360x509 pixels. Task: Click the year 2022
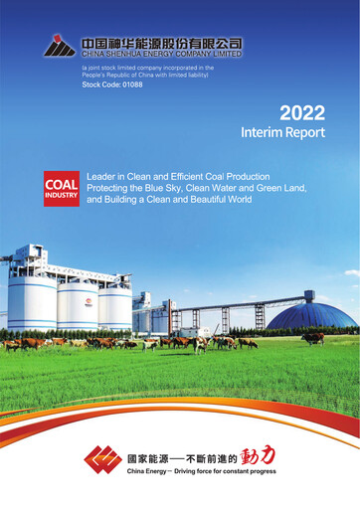coord(301,112)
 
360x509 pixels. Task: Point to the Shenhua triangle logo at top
coord(60,46)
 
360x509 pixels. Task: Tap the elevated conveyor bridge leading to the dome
coord(239,302)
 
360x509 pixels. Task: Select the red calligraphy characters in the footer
coord(256,455)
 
